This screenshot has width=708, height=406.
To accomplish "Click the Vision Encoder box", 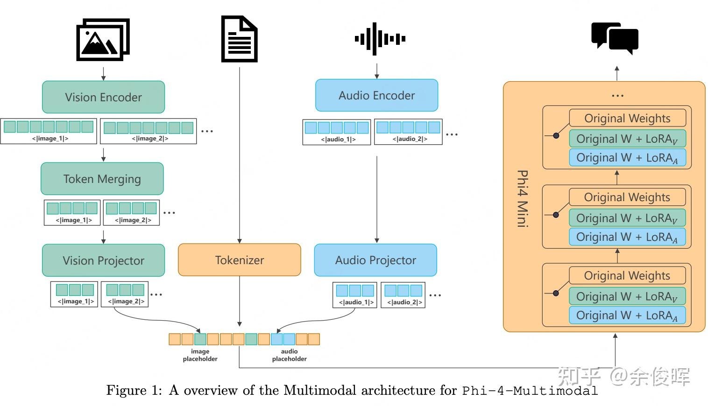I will tap(103, 97).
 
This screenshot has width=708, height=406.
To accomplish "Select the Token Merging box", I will tap(102, 179).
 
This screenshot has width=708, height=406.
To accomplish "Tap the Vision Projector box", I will tap(103, 260).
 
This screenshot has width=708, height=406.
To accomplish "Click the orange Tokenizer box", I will tap(239, 260).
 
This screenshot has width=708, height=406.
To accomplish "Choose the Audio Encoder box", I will tap(376, 96).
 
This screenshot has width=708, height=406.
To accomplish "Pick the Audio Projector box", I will tap(375, 260).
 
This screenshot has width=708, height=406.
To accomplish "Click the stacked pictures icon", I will tap(103, 40).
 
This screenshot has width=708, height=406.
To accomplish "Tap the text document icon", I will tap(239, 39).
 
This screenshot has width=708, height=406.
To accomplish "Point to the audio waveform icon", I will tap(380, 39).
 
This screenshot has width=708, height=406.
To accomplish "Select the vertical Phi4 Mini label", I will tap(522, 198).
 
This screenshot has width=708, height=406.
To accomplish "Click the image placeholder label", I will tap(200, 355).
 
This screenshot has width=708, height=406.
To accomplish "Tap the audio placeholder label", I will tap(289, 355).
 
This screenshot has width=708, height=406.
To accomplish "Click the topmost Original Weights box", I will tap(627, 118).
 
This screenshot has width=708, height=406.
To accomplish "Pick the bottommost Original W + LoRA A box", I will tap(627, 315).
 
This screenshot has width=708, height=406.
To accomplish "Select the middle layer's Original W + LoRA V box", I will tap(627, 218).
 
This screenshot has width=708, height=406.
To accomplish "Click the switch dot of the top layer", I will tap(556, 136).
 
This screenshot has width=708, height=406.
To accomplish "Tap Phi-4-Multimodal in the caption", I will tap(530, 391).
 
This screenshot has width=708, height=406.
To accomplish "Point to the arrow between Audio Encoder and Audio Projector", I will tap(377, 198).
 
